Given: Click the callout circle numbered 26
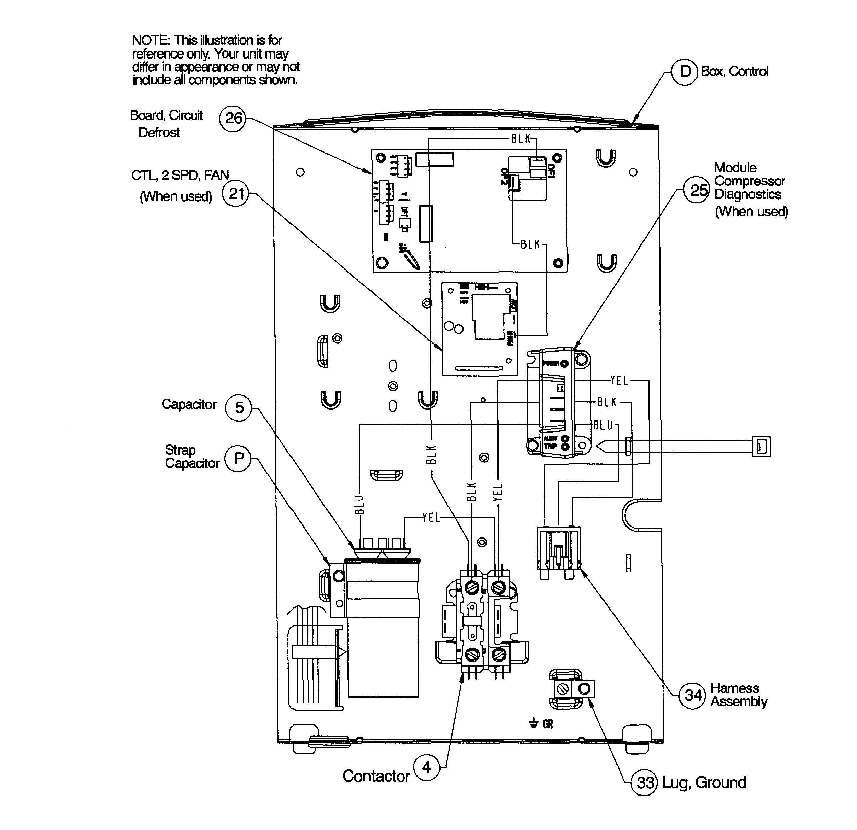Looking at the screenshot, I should [x=233, y=118].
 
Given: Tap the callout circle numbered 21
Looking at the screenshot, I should [x=236, y=193].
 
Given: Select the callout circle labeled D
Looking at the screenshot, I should [x=685, y=72].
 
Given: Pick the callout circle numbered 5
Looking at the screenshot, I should [x=239, y=408].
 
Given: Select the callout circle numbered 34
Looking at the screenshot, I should [x=693, y=695].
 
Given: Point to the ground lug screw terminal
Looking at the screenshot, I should [x=563, y=690].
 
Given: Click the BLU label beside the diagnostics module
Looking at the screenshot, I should [x=603, y=425].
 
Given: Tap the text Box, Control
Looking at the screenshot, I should [x=734, y=72].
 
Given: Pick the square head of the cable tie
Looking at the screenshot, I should [x=761, y=447].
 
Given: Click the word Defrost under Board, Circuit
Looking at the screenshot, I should [x=159, y=133].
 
